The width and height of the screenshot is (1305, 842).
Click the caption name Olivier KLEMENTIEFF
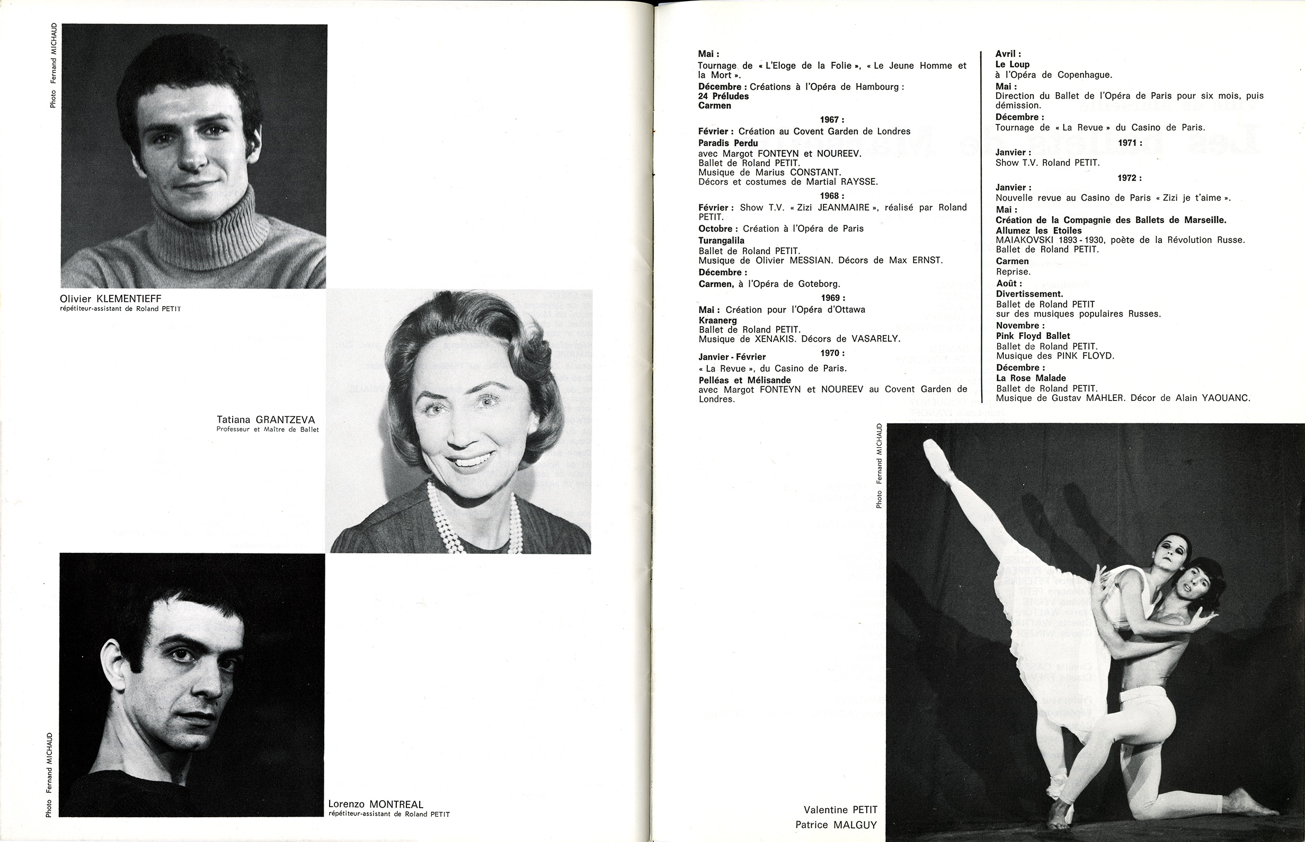[111, 299]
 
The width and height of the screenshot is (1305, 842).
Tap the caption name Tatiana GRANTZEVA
[266, 420]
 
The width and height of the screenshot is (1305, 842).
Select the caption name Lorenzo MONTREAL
[376, 804]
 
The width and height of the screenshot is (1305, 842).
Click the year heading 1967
[832, 120]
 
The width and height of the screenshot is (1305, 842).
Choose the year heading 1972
[1130, 178]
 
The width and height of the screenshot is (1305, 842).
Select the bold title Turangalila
[722, 240]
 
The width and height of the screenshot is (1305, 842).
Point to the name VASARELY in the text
[931, 339]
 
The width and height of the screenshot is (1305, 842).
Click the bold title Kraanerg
[717, 320]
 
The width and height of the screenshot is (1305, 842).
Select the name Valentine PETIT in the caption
[840, 810]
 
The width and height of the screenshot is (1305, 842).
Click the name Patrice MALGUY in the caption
[836, 825]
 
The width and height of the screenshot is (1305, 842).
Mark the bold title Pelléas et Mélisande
[744, 380]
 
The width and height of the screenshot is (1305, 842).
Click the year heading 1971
[1130, 142]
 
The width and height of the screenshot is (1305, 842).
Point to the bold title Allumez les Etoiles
[1038, 231]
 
